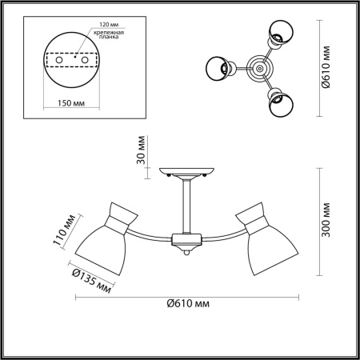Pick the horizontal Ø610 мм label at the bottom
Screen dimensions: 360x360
pos(188,304)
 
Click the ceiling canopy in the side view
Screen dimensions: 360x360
pos(186,172)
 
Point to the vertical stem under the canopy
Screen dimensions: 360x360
pos(186,206)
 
